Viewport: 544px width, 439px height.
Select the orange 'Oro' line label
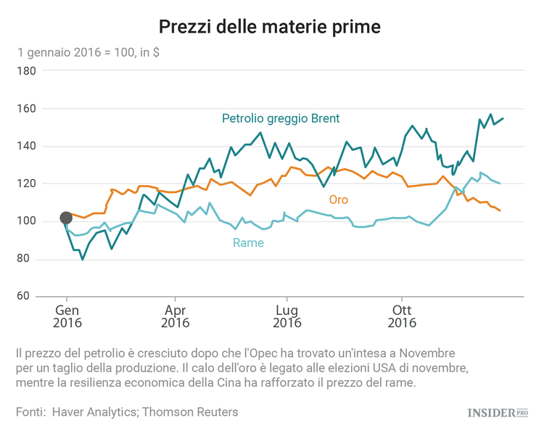(339, 200)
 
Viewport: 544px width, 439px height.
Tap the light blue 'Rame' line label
(248, 243)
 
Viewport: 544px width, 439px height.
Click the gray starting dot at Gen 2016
(66, 218)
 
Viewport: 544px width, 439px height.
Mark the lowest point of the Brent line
(83, 259)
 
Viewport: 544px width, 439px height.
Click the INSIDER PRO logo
(497, 413)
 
